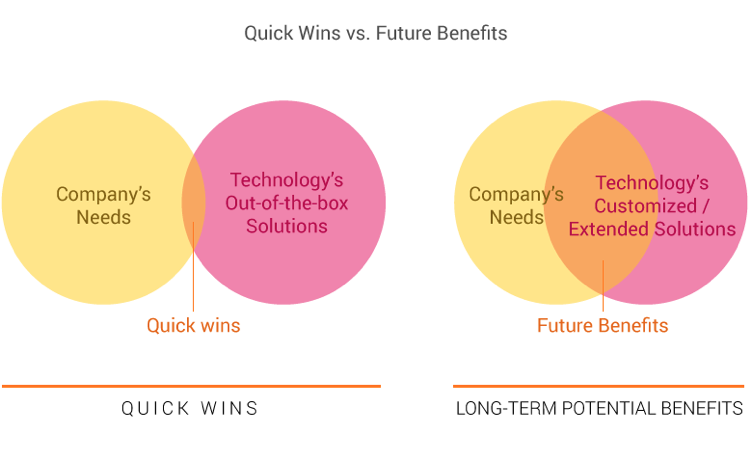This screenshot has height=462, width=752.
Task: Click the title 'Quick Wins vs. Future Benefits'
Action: point(376,33)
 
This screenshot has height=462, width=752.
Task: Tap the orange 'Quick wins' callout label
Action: point(193,325)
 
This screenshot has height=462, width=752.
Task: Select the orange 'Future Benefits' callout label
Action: point(602,325)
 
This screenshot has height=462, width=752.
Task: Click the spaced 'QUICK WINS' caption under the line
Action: point(190,408)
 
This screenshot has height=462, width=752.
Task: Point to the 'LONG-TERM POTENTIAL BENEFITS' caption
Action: point(599,408)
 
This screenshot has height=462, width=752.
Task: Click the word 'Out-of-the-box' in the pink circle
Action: point(287,203)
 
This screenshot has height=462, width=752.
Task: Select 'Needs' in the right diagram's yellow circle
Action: point(516,216)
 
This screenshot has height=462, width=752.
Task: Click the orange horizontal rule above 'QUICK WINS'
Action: point(190,386)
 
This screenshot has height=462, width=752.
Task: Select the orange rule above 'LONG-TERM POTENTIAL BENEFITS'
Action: point(599,386)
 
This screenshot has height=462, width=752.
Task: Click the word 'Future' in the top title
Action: point(407,33)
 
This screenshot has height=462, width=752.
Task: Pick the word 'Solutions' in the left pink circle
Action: point(287,226)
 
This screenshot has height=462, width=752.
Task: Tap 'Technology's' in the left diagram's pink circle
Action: point(287,181)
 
